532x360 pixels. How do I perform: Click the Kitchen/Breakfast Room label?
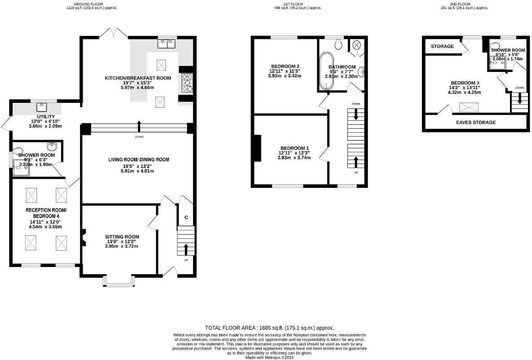point(138,78)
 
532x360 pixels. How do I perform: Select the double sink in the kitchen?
point(166,44)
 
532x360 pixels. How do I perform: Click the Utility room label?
point(46,117)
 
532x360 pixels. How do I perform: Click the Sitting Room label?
point(122,237)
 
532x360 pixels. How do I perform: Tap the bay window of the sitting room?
point(118,280)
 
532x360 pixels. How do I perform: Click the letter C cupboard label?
point(186,217)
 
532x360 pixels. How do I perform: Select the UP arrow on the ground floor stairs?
point(186,249)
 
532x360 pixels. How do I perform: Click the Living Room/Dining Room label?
point(139,160)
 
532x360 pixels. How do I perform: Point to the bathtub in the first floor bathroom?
point(327,71)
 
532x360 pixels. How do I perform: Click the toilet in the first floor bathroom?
point(338,44)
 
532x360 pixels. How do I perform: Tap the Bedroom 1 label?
point(294,148)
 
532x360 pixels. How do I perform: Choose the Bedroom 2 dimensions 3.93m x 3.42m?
point(285,76)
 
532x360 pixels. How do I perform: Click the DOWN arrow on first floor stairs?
point(356,114)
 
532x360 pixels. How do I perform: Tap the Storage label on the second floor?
point(442,46)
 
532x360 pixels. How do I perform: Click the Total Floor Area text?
point(270,328)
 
